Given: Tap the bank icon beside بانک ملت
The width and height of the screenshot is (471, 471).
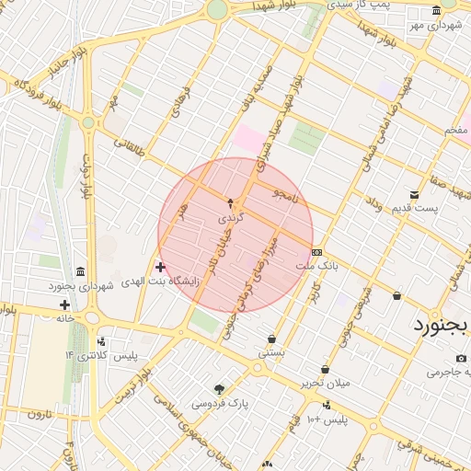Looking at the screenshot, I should click(x=317, y=252).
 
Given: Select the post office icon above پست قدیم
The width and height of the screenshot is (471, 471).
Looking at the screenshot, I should click(x=414, y=194).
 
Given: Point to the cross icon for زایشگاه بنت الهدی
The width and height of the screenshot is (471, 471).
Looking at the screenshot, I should click(x=160, y=267).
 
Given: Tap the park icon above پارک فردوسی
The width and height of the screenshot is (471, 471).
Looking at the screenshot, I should click(x=219, y=388).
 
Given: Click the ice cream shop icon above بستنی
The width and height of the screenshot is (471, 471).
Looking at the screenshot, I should click(x=271, y=338).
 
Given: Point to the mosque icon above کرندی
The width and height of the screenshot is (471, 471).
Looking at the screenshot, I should click(x=230, y=203).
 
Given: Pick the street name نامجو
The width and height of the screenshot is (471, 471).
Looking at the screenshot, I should click(x=285, y=195).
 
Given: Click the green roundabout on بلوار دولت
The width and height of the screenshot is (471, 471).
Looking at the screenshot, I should click(x=88, y=122).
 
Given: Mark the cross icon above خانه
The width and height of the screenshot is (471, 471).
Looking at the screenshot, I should click(x=64, y=304).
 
